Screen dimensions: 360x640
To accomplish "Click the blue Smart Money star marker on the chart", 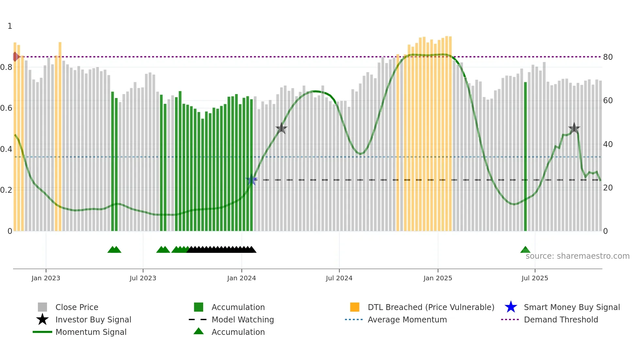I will pyautogui.click(x=251, y=180).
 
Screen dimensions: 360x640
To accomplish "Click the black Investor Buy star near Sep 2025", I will pyautogui.click(x=574, y=128).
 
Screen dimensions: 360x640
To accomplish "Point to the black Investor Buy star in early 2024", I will pyautogui.click(x=281, y=128).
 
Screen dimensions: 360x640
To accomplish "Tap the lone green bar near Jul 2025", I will pyautogui.click(x=525, y=157).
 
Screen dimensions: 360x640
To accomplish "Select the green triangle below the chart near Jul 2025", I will pyautogui.click(x=525, y=250).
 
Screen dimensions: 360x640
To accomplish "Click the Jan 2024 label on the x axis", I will pyautogui.click(x=241, y=278).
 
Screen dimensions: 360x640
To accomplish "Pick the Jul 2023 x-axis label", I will pyautogui.click(x=143, y=278).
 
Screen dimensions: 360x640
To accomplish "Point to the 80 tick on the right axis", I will pyautogui.click(x=608, y=57).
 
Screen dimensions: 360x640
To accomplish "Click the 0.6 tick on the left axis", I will pyautogui.click(x=6, y=108).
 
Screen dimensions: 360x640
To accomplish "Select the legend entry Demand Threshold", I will pyautogui.click(x=561, y=319).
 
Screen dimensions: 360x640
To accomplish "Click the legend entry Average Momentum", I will pyautogui.click(x=407, y=319).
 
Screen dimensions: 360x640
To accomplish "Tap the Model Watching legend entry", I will pyautogui.click(x=242, y=319).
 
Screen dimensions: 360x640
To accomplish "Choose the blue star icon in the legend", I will pyautogui.click(x=511, y=307).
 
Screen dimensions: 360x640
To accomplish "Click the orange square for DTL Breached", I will pyautogui.click(x=355, y=307).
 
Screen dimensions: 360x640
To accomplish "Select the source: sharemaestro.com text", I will pyautogui.click(x=577, y=256).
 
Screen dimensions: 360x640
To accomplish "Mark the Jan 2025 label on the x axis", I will pyautogui.click(x=438, y=278).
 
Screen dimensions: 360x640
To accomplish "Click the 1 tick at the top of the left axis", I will pyautogui.click(x=10, y=26).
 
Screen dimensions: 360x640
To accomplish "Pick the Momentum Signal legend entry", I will pyautogui.click(x=91, y=332).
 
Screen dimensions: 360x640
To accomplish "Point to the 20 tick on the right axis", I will pyautogui.click(x=608, y=188).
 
